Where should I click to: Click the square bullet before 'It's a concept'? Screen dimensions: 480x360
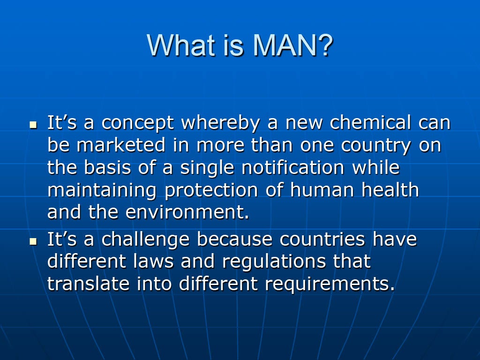pyautogui.click(x=33, y=125)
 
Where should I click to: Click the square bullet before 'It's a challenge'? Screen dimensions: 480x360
pyautogui.click(x=33, y=241)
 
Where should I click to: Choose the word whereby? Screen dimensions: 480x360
pyautogui.click(x=220, y=123)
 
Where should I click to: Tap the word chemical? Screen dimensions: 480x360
pyautogui.click(x=370, y=122)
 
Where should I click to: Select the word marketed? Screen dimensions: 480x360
pyautogui.click(x=121, y=144)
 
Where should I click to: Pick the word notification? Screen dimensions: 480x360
pyautogui.click(x=293, y=167)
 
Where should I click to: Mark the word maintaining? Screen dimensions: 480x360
pyautogui.click(x=102, y=190)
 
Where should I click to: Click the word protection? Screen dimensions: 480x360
pyautogui.click(x=211, y=190)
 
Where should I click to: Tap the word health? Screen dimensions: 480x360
pyautogui.click(x=390, y=189)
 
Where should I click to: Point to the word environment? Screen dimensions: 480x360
pyautogui.click(x=187, y=212)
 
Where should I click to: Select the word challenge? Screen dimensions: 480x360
pyautogui.click(x=145, y=240)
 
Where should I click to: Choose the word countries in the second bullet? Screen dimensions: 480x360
pyautogui.click(x=322, y=239)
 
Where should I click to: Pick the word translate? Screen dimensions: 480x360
pyautogui.click(x=89, y=284)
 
